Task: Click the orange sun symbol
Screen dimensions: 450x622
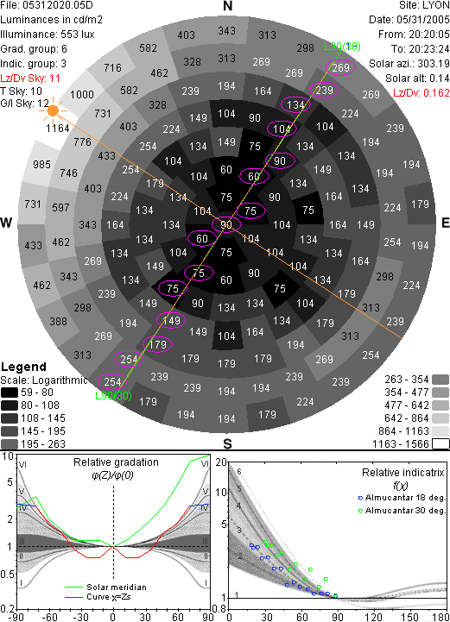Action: click(53, 110)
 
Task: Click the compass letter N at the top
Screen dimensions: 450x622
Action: click(227, 6)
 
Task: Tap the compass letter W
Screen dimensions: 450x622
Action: click(6, 223)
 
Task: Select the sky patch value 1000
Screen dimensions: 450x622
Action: click(82, 94)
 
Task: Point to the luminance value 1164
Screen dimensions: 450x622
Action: click(58, 129)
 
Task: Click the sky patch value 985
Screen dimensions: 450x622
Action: click(41, 164)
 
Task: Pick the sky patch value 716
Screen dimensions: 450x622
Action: click(112, 68)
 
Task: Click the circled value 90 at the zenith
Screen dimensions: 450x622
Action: click(226, 225)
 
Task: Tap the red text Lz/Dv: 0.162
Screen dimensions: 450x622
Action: click(421, 93)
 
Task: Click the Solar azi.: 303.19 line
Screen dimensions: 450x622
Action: click(409, 64)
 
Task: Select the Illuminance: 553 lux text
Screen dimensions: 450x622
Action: click(48, 35)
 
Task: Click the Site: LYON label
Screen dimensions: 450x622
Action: click(424, 5)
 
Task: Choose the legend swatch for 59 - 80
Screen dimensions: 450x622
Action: click(10, 393)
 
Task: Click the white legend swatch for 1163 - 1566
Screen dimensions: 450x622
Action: click(440, 443)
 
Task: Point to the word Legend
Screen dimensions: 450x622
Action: click(24, 367)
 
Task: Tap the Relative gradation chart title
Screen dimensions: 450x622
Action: click(116, 462)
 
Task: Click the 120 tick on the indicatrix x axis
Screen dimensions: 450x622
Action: click(374, 617)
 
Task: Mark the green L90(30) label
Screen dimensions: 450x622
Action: click(113, 395)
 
